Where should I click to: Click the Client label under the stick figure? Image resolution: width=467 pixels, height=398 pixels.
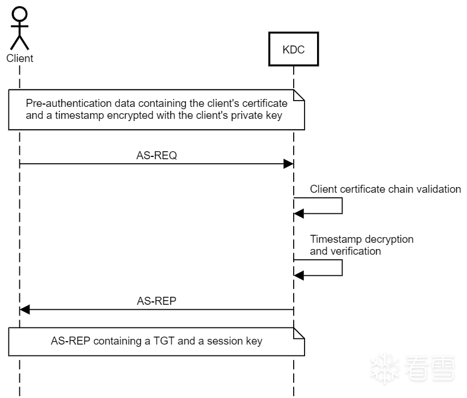coord(20,58)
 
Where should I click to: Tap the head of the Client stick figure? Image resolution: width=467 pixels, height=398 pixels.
coord(20,14)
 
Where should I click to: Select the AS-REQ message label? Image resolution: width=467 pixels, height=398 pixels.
coord(157,155)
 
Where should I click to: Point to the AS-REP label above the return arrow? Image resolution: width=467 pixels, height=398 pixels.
coord(157,301)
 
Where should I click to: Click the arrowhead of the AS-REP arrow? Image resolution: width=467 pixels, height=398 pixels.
coord(25,309)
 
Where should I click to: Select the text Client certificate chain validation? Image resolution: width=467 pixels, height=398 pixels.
coord(385,189)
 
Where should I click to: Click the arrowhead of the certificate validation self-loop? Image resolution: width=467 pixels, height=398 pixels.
coord(299,213)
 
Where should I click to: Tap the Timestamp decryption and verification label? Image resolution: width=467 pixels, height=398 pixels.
coord(361,245)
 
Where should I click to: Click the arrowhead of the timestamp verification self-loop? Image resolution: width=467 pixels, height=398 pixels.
coord(299,275)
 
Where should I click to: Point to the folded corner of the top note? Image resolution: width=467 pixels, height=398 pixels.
coord(299,95)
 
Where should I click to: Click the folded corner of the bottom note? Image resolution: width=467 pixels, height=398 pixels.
coord(299,333)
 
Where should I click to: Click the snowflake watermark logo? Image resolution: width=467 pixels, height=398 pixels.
coord(385,368)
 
